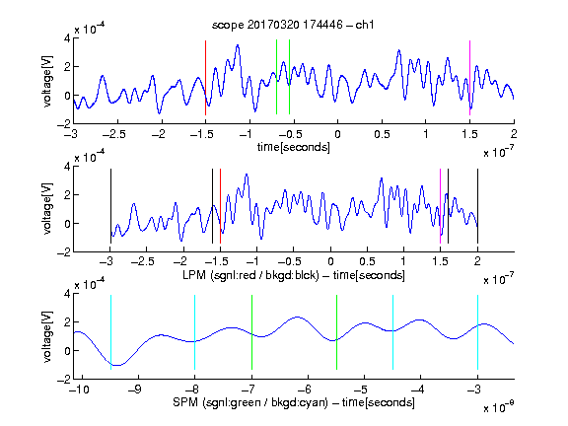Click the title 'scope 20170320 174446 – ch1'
click(293, 25)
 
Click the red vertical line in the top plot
click(206, 78)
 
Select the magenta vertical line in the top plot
click(469, 78)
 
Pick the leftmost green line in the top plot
click(277, 77)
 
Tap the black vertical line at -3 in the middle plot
click(110, 206)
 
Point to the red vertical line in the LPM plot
click(220, 206)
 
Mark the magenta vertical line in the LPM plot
click(440, 206)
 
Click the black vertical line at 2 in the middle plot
click(478, 206)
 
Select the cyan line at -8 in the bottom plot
click(195, 332)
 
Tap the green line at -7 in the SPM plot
click(251, 332)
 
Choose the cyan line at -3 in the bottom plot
click(478, 332)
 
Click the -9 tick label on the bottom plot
click(135, 390)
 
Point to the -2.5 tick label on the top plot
click(113, 134)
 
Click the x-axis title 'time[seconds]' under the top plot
click(294, 147)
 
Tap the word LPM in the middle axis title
click(194, 275)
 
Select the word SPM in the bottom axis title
click(185, 402)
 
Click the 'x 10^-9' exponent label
click(498, 407)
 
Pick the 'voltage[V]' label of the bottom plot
click(47, 336)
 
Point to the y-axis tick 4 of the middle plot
click(67, 167)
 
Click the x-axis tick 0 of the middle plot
click(330, 261)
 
